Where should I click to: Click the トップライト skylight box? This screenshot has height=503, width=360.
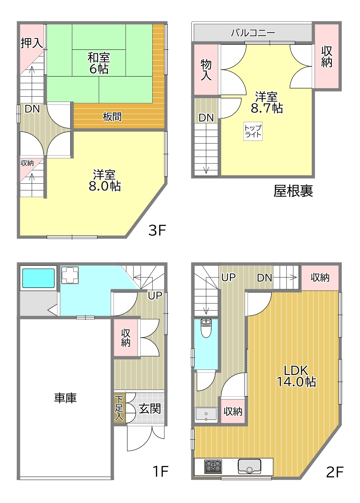pyautogui.click(x=253, y=131)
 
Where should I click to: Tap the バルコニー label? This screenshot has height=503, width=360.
pyautogui.click(x=253, y=33)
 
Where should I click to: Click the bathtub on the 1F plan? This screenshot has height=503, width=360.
pyautogui.click(x=39, y=278)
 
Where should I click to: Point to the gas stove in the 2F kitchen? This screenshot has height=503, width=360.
pyautogui.click(x=213, y=466)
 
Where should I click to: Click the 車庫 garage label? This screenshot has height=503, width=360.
pyautogui.click(x=65, y=398)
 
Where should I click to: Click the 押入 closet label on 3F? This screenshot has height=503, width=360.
pyautogui.click(x=31, y=43)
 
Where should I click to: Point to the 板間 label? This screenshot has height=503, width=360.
pyautogui.click(x=112, y=117)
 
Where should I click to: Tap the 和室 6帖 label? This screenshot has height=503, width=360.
pyautogui.click(x=99, y=63)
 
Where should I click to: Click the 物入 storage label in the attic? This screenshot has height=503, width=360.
pyautogui.click(x=206, y=70)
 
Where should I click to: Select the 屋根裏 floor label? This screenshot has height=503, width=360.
pyautogui.click(x=293, y=191)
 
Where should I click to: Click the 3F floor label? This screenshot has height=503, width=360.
pyautogui.click(x=157, y=230)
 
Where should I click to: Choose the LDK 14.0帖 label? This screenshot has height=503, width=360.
pyautogui.click(x=296, y=376)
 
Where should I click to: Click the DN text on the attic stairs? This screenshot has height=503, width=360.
pyautogui.click(x=206, y=118)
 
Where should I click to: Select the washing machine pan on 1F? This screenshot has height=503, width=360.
pyautogui.click(x=70, y=275)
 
